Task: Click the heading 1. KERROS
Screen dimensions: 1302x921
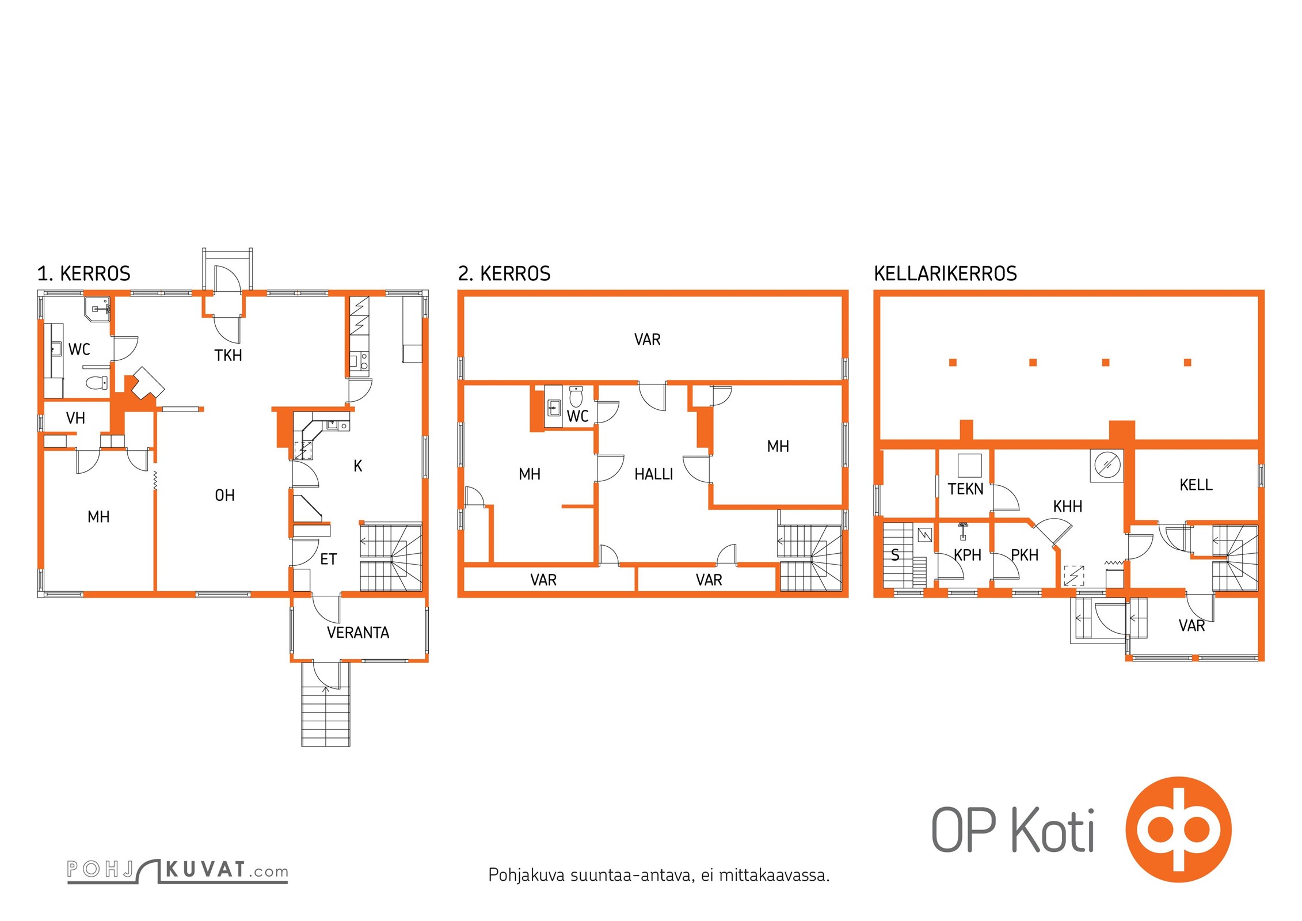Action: pyautogui.click(x=84, y=273)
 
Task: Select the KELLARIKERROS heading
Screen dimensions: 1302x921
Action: pyautogui.click(x=945, y=273)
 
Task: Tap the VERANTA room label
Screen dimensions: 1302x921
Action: pyautogui.click(x=358, y=633)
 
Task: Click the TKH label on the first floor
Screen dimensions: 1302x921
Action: pyautogui.click(x=228, y=355)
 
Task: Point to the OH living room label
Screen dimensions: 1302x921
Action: pyautogui.click(x=224, y=495)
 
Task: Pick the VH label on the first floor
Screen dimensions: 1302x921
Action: pyautogui.click(x=75, y=418)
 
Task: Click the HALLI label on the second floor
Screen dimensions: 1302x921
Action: pyautogui.click(x=653, y=474)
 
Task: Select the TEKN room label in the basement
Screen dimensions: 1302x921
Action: pyautogui.click(x=965, y=489)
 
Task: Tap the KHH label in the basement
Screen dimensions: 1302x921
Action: pyautogui.click(x=1068, y=507)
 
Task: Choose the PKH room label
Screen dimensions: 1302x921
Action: pyautogui.click(x=1025, y=555)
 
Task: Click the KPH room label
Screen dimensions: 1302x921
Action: pyautogui.click(x=968, y=555)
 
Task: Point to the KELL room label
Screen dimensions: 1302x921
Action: pyautogui.click(x=1196, y=485)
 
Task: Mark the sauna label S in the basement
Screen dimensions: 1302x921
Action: pyautogui.click(x=895, y=555)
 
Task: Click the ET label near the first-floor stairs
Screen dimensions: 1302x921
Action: pyautogui.click(x=328, y=559)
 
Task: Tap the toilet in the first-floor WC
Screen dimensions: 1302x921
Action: pyautogui.click(x=96, y=381)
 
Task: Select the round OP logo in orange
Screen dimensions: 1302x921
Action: pyautogui.click(x=1179, y=829)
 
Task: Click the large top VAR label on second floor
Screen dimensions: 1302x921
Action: pyautogui.click(x=647, y=340)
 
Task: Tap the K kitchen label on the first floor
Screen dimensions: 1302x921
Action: pyautogui.click(x=358, y=466)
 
